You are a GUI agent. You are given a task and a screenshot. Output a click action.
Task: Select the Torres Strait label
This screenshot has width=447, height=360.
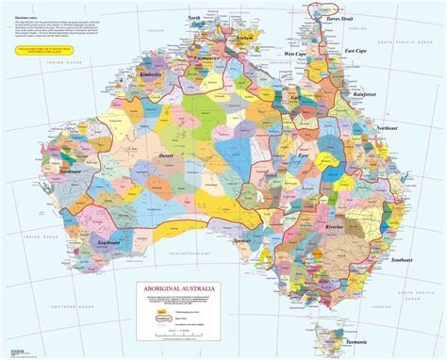tap(337, 19)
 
